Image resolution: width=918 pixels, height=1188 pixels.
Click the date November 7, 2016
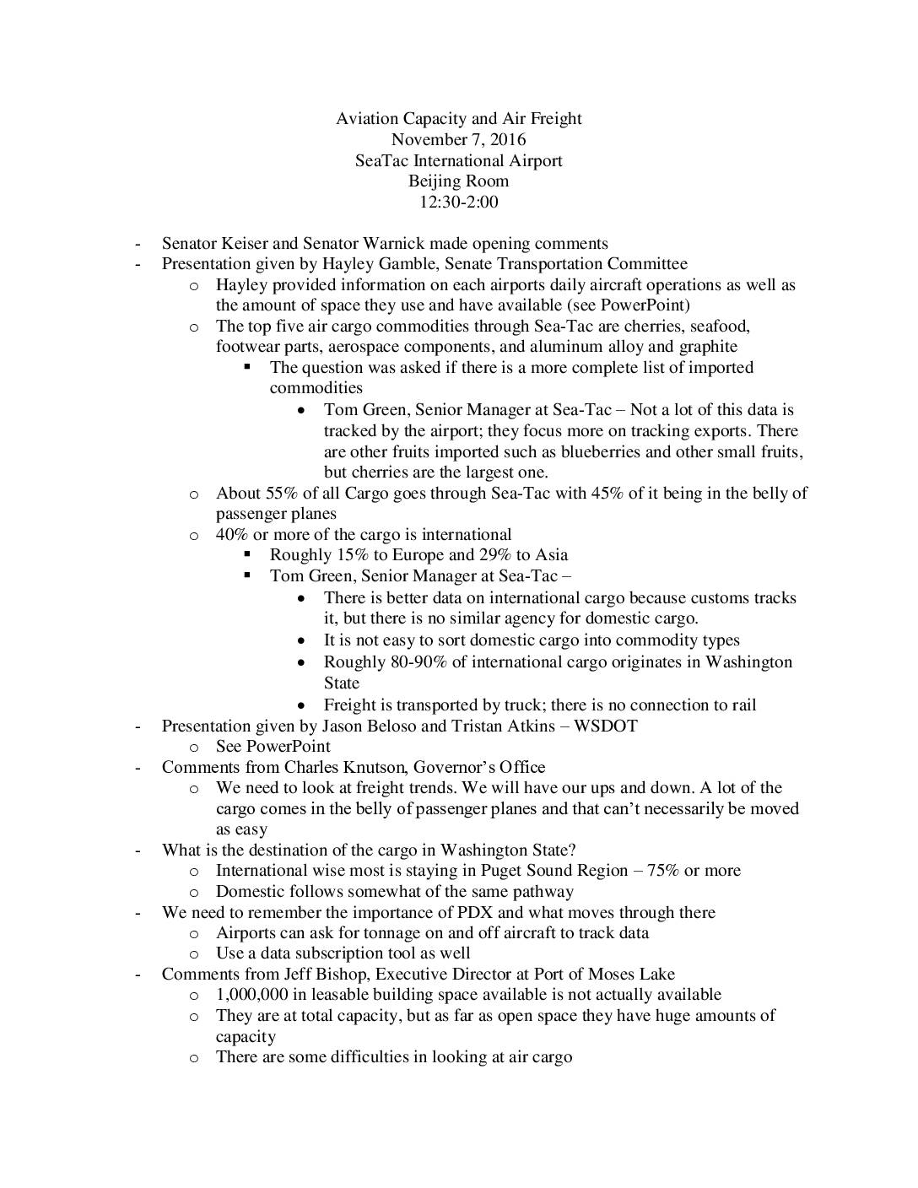coord(458,139)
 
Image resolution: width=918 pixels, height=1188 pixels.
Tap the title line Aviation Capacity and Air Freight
coord(458,118)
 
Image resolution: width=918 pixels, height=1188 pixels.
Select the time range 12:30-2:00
coord(458,202)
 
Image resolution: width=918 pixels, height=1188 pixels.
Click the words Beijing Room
coord(458,181)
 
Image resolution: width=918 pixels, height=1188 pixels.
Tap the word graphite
coord(706,347)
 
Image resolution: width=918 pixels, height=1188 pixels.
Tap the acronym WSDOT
coord(605,726)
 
